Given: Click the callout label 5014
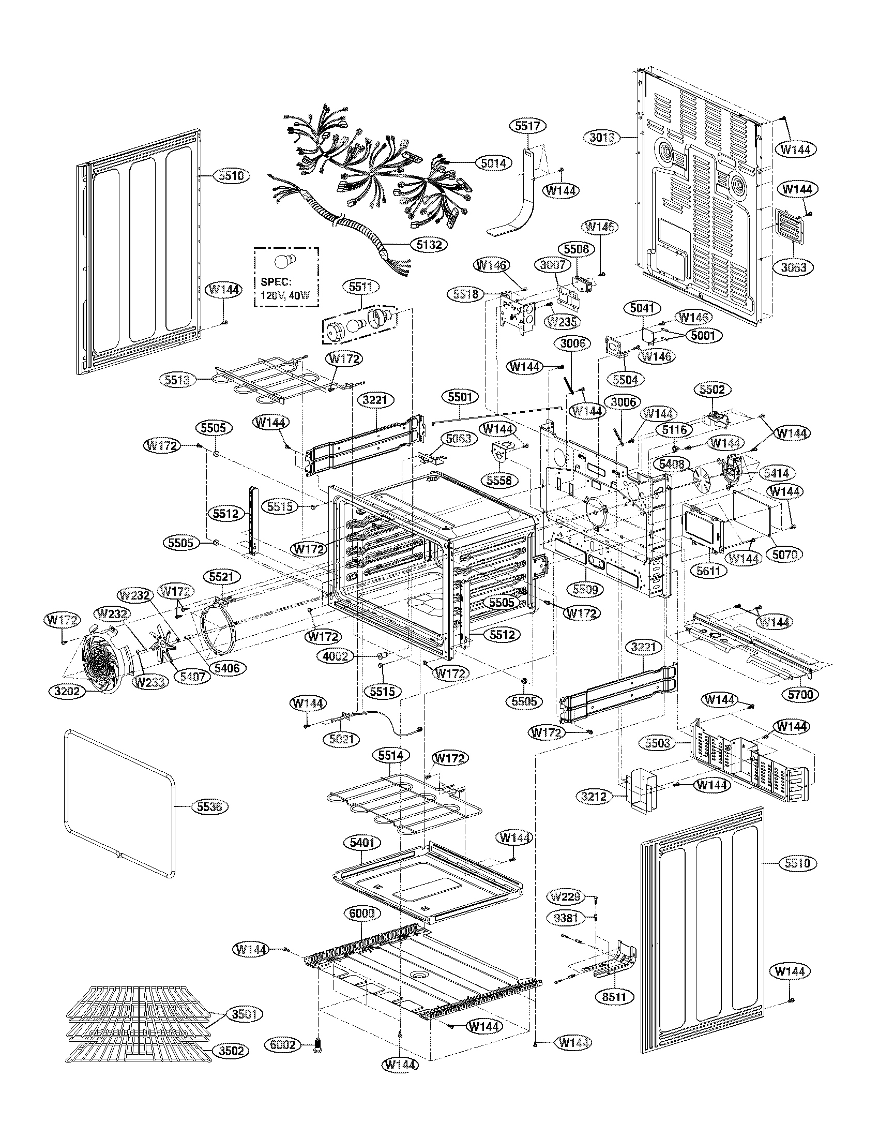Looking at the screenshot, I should [493, 163].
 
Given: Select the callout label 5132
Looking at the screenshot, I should [427, 243].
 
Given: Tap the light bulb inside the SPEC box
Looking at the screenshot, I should [285, 263].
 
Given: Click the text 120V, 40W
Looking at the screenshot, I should [285, 295].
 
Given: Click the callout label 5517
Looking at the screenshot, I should [530, 126].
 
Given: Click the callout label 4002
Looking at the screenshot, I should [335, 656].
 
